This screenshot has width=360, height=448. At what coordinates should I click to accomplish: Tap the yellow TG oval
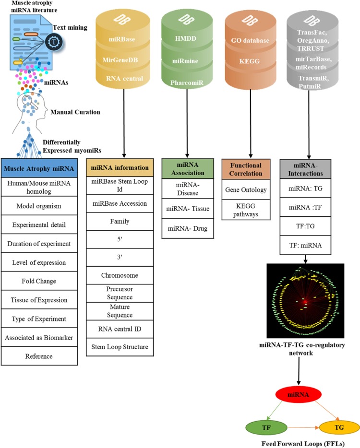[339, 426]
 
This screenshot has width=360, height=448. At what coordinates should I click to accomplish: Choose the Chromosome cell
[120, 276]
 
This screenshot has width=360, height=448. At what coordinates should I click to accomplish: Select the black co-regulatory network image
[305, 300]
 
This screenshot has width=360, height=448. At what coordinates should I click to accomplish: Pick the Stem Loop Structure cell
[120, 347]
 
